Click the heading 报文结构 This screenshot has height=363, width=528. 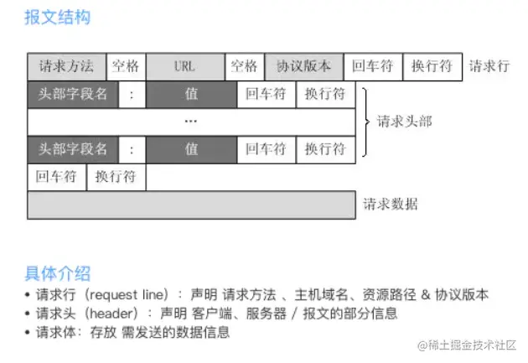click(57, 17)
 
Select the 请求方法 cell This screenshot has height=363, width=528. click(66, 66)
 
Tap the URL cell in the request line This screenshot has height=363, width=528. click(185, 66)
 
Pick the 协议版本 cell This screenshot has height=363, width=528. click(303, 66)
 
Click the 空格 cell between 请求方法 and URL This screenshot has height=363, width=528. click(126, 66)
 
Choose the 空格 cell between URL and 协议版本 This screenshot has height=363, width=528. click(245, 66)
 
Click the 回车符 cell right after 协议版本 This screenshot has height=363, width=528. click(372, 66)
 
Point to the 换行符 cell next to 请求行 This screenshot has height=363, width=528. click(432, 66)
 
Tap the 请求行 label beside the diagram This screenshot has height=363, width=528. click(489, 66)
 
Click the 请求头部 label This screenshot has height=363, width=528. click(405, 122)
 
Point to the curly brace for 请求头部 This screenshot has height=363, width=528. click(365, 122)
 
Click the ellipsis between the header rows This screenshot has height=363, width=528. click(191, 122)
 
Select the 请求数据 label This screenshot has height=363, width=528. click(391, 204)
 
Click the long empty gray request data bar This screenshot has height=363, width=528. click(191, 204)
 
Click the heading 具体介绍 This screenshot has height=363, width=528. click(57, 272)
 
